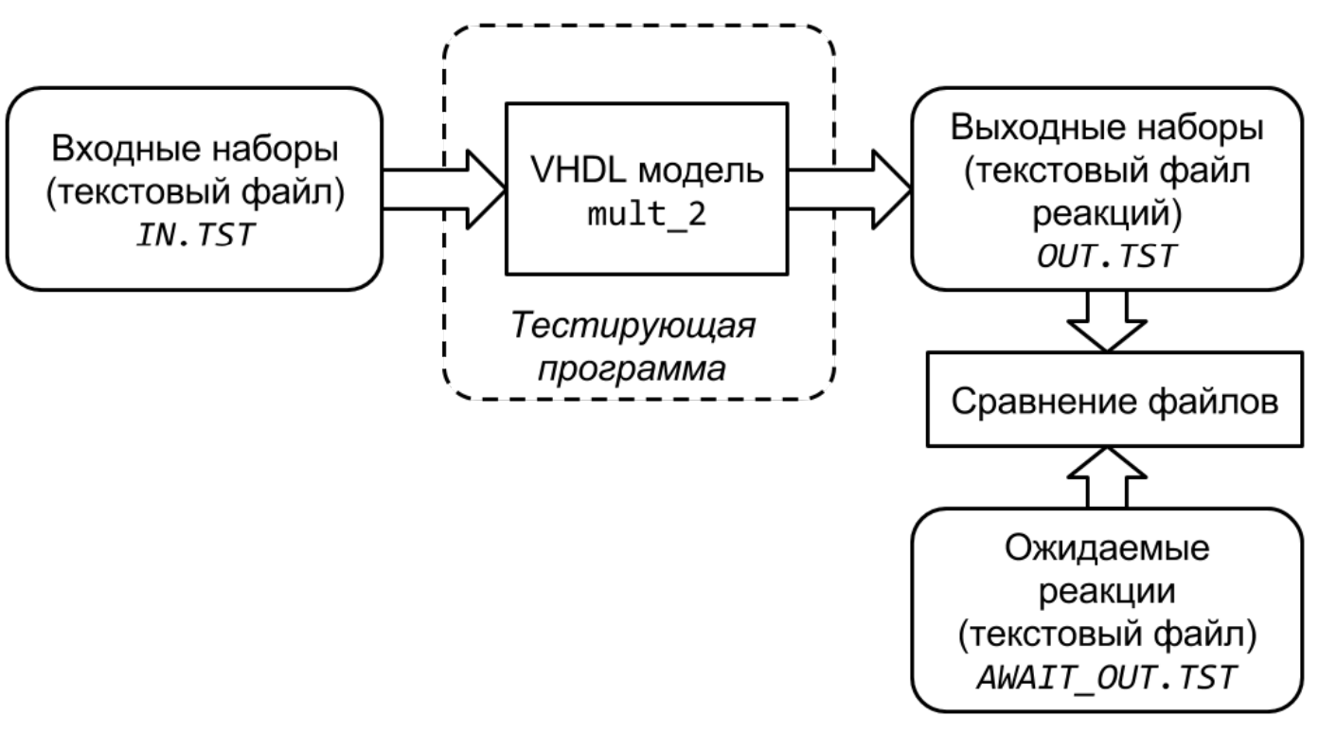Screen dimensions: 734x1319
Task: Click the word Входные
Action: (114, 152)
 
